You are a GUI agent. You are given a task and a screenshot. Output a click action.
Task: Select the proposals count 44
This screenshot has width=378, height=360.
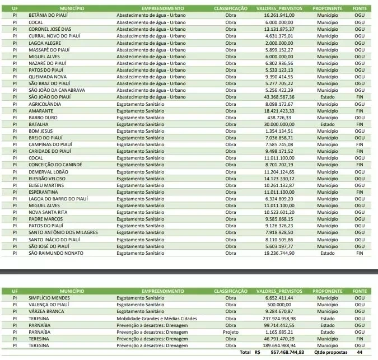pos(360,353)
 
